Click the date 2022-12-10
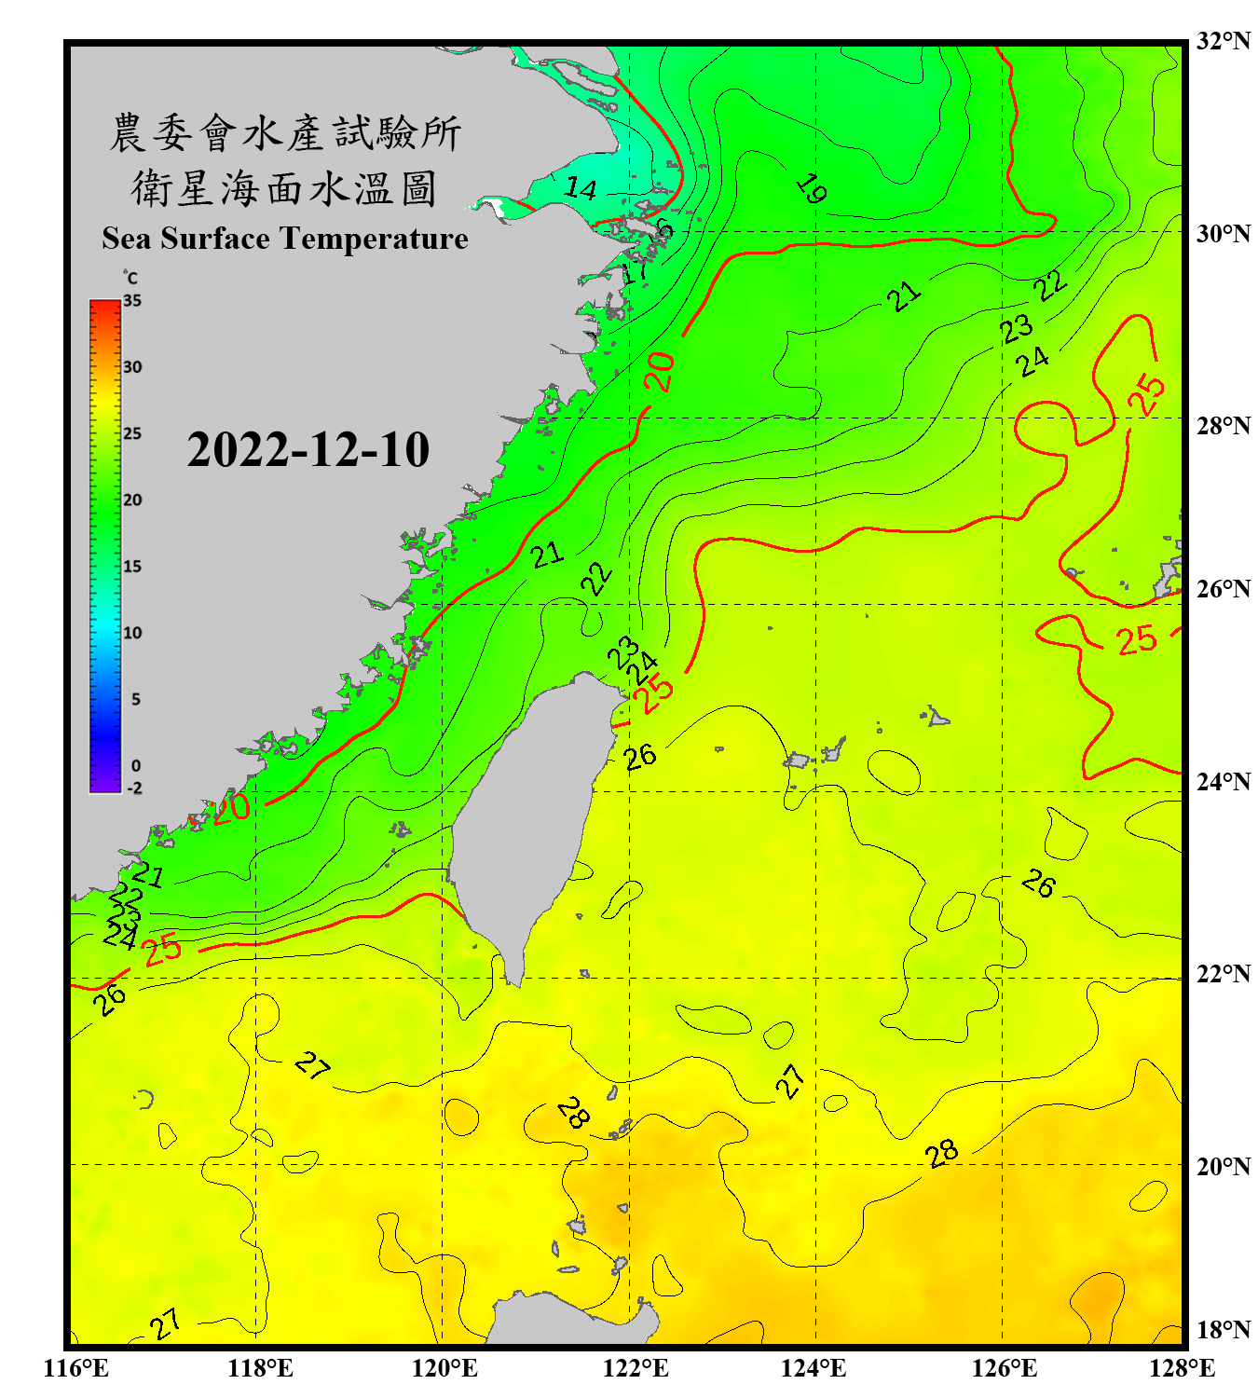pyautogui.click(x=308, y=449)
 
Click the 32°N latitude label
pyautogui.click(x=1223, y=41)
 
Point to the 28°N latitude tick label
pyautogui.click(x=1223, y=425)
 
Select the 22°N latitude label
pyautogui.click(x=1223, y=973)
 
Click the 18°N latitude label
pyautogui.click(x=1223, y=1329)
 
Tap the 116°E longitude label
pyautogui.click(x=76, y=1368)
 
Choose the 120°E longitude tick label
pyautogui.click(x=444, y=1368)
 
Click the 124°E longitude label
pyautogui.click(x=814, y=1368)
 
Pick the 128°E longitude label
pyautogui.click(x=1182, y=1368)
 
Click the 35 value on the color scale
pyautogui.click(x=132, y=300)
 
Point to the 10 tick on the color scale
pyautogui.click(x=132, y=633)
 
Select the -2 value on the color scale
pyautogui.click(x=134, y=788)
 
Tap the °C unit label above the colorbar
pyautogui.click(x=130, y=278)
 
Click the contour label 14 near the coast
pyautogui.click(x=581, y=188)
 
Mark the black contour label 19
pyautogui.click(x=812, y=188)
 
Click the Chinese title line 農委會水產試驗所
pyautogui.click(x=285, y=132)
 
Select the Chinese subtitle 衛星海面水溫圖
pyautogui.click(x=284, y=188)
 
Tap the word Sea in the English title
pyautogui.click(x=127, y=239)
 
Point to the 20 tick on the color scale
pyautogui.click(x=132, y=500)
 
